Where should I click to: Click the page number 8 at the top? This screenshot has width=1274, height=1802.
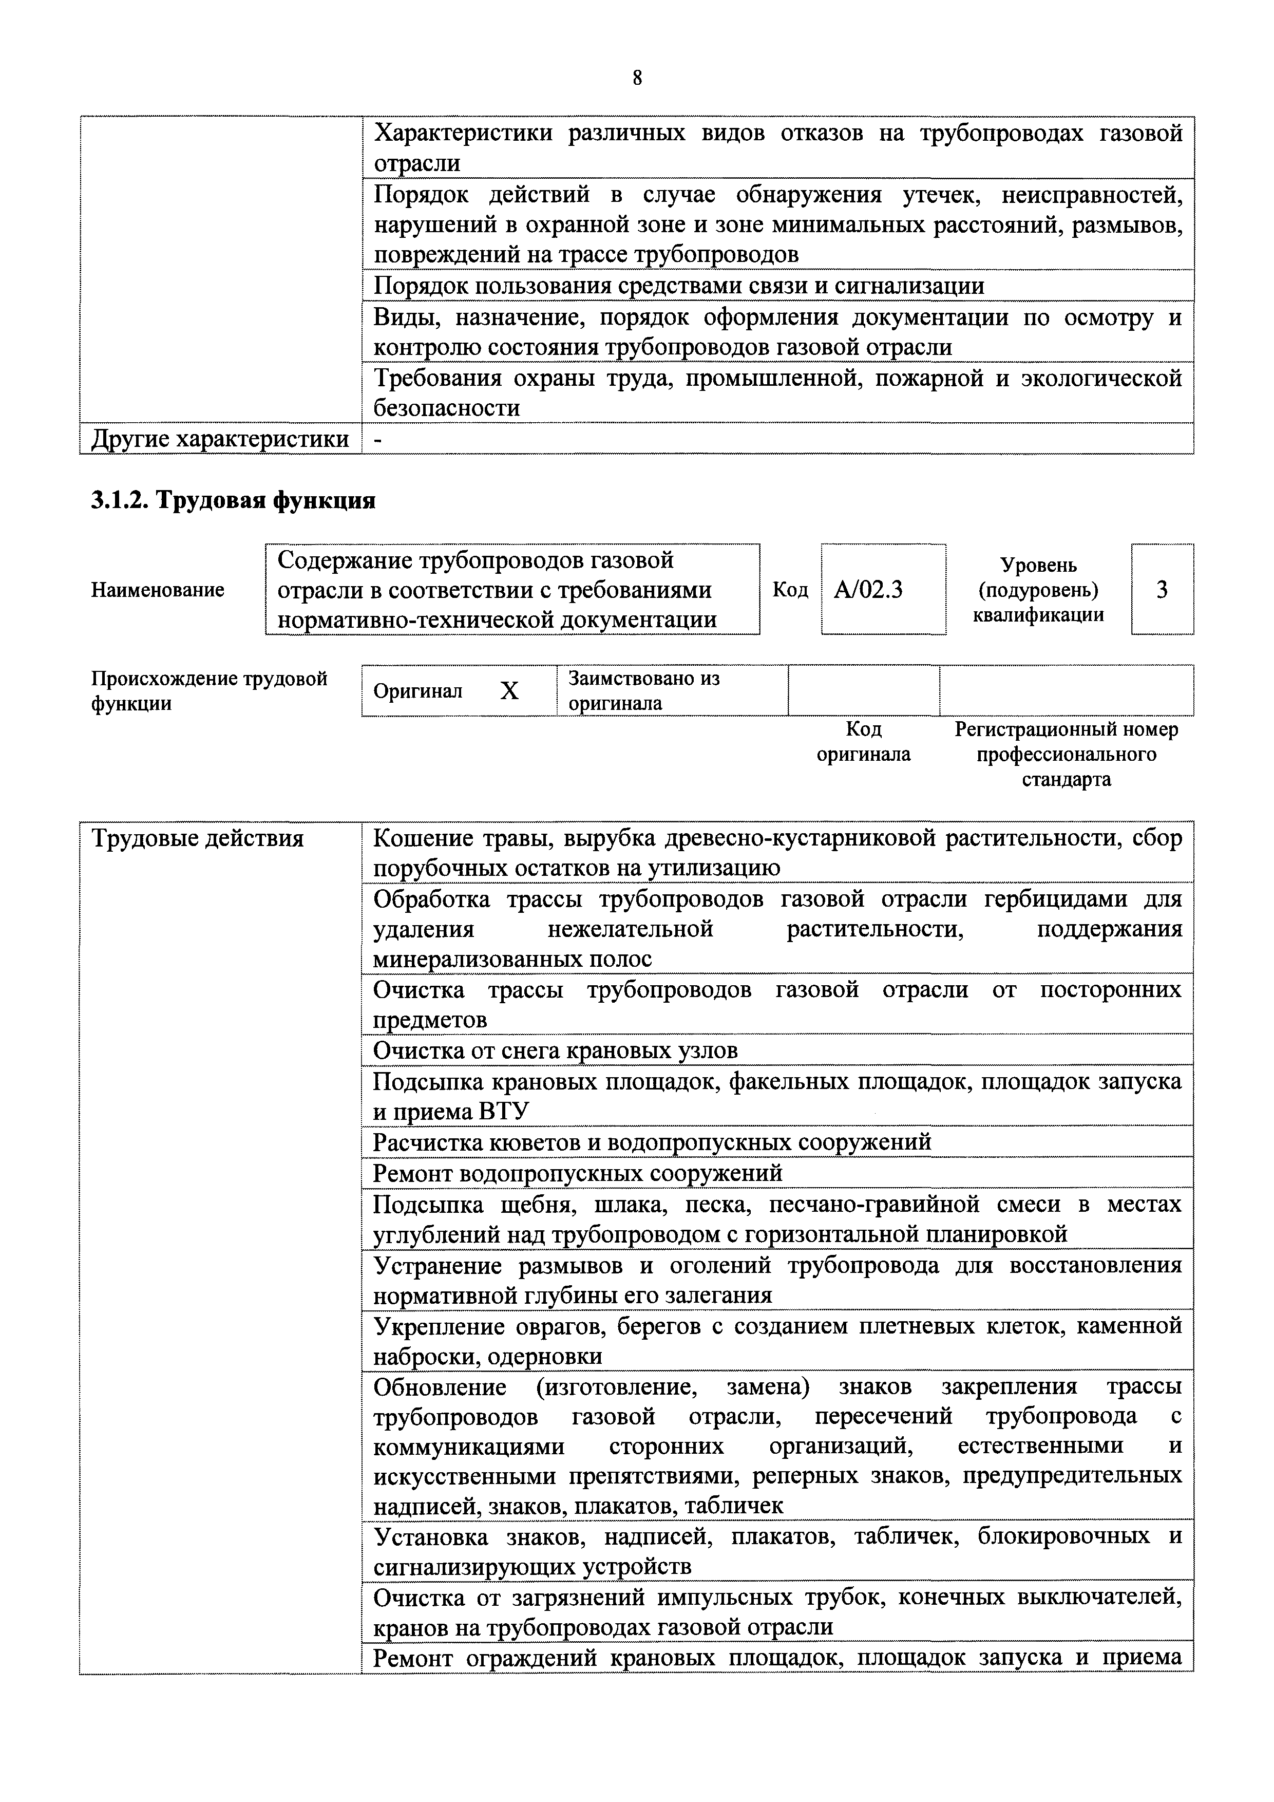point(636,78)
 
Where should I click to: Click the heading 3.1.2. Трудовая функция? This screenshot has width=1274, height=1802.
point(233,500)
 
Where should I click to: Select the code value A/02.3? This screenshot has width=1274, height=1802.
point(868,589)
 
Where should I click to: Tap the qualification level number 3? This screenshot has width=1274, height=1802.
point(1162,589)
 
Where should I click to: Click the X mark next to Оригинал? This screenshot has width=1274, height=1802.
point(510,691)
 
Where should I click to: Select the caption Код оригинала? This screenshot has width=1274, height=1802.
point(864,742)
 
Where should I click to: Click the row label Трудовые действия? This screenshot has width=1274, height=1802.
point(198,839)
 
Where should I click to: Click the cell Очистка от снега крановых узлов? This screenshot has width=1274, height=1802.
point(556,1050)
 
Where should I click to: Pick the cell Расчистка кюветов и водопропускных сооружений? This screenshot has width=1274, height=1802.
point(652,1142)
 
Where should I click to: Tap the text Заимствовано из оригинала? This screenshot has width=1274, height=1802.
point(643,691)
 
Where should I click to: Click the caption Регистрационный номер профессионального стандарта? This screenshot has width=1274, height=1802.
point(1066,754)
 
